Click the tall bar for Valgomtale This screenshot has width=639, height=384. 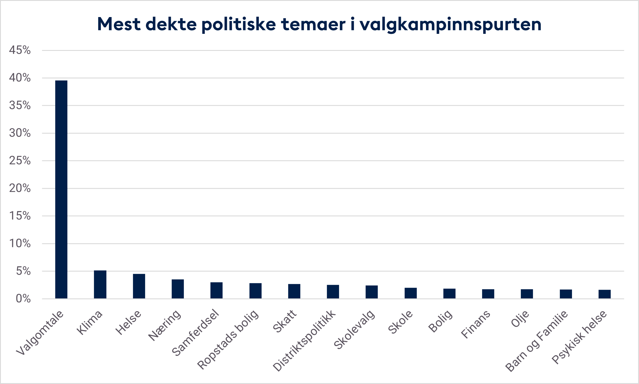tap(61, 189)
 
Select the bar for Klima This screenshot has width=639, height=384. tap(100, 285)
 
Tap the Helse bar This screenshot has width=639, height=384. tap(139, 286)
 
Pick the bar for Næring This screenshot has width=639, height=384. tap(178, 289)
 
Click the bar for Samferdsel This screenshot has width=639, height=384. tap(216, 290)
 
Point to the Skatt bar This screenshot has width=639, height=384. tap(294, 291)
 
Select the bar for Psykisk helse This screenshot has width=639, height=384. tap(605, 294)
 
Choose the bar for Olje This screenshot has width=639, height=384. tap(527, 294)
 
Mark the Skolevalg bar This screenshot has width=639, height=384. tap(372, 292)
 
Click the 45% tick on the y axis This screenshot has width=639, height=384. tap(20, 50)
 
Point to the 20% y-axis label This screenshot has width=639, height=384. tap(20, 188)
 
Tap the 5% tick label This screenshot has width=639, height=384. tap(23, 271)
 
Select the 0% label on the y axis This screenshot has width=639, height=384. tap(23, 299)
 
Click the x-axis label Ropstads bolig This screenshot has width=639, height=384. tap(228, 339)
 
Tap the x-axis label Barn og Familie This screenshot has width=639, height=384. tap(537, 341)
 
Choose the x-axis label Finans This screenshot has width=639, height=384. tap(476, 324)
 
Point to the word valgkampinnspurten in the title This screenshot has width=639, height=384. tap(451, 24)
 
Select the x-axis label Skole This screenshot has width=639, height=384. tap(401, 322)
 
